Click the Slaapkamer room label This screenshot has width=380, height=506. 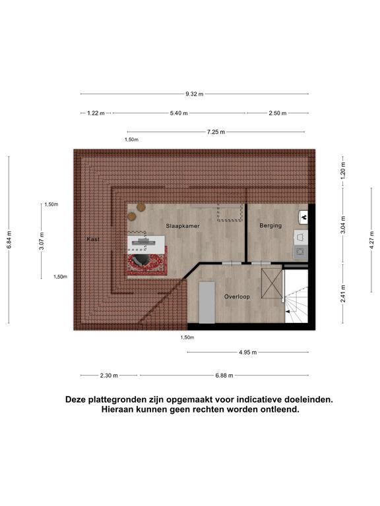click(183, 226)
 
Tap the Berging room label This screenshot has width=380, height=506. click(270, 225)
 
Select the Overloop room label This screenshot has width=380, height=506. click(237, 296)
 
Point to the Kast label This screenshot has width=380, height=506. click(93, 239)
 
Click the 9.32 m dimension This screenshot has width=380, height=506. click(195, 94)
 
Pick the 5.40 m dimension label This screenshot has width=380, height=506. click(179, 113)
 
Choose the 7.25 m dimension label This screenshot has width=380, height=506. click(216, 132)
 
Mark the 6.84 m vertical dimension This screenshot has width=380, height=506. click(9, 239)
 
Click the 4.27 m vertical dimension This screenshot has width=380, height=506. click(371, 240)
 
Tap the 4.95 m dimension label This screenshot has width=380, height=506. click(248, 352)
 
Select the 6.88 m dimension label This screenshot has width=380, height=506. click(224, 376)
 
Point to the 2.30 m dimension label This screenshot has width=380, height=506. click(109, 376)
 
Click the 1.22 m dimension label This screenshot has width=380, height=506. click(96, 113)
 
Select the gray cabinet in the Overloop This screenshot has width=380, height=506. click(206, 302)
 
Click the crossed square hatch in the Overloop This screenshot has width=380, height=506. click(272, 283)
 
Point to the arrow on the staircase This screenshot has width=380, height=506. click(290, 312)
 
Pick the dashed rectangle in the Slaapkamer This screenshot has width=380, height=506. click(230, 212)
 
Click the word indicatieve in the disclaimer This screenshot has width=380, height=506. click(259, 399)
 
